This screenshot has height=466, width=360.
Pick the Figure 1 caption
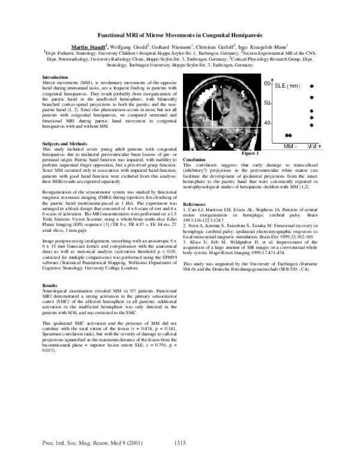click(x=262, y=155)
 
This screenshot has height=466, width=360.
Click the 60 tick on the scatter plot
click(x=269, y=84)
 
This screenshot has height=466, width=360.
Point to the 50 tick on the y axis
click(x=269, y=103)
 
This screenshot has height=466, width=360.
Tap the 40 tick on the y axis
click(x=269, y=123)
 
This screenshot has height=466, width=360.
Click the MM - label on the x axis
click(x=291, y=146)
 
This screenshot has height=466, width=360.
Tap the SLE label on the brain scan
click(x=205, y=119)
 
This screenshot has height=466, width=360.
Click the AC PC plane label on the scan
click(x=226, y=129)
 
